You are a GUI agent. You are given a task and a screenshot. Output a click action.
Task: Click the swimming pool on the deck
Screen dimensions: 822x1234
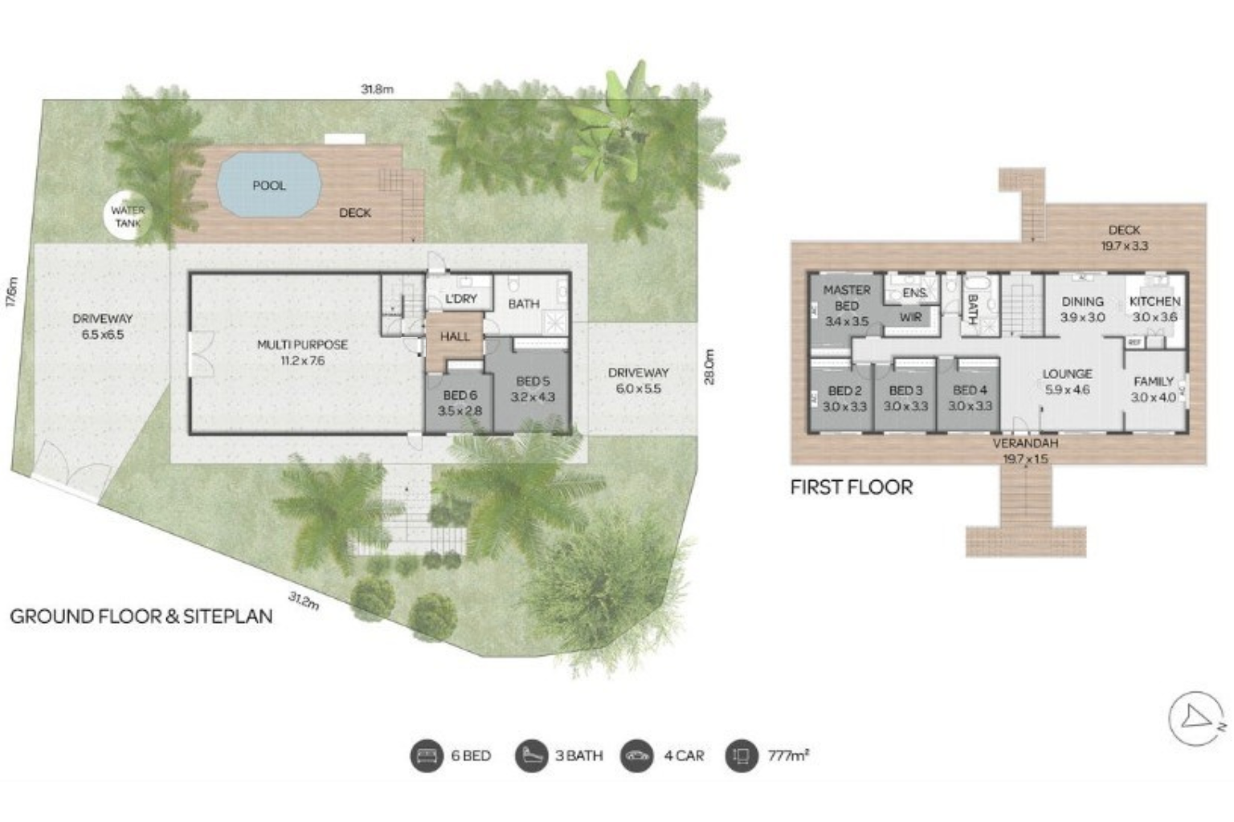point(268,185)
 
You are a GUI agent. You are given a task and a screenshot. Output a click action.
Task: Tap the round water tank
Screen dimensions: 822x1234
point(128,217)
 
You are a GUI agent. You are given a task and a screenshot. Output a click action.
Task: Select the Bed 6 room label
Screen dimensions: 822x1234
point(460,403)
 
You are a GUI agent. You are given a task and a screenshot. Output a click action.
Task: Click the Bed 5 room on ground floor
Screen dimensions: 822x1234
point(533,389)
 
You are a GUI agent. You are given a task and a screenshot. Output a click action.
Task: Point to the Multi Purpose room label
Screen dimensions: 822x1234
point(302,352)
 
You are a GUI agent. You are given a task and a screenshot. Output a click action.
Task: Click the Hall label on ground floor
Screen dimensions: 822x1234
point(455,336)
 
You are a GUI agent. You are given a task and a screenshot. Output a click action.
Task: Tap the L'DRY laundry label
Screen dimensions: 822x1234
point(460,299)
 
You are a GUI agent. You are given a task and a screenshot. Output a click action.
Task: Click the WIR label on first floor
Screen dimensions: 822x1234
point(910,317)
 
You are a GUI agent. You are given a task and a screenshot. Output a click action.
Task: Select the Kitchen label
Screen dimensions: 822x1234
point(1154,308)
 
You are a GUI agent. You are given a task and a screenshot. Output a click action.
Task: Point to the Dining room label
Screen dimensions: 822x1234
point(1082,308)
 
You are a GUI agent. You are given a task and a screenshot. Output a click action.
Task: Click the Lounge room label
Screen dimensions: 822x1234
point(1067,381)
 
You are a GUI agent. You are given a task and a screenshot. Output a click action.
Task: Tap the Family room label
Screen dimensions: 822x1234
point(1153,389)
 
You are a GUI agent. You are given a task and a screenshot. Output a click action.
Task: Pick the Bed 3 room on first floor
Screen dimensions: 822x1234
point(905,398)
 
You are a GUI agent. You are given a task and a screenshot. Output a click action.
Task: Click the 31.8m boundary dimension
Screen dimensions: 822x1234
point(377,89)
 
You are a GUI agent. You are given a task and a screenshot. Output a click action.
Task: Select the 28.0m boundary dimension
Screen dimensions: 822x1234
point(709,366)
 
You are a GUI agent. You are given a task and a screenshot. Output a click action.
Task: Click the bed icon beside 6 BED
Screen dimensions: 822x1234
point(426,755)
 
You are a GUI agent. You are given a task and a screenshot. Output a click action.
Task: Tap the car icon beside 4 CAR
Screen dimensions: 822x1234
point(636,755)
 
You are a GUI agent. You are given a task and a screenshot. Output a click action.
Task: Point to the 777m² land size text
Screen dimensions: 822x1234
point(787,755)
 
